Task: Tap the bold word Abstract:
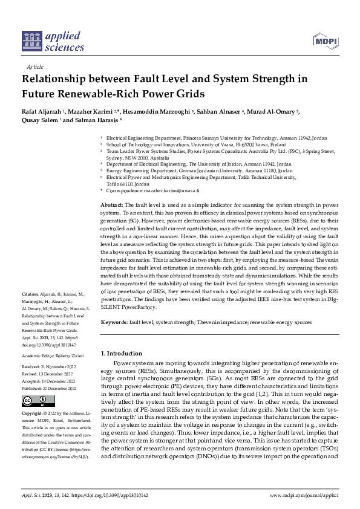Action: [x=112, y=206]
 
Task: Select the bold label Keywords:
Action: [x=114, y=323]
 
